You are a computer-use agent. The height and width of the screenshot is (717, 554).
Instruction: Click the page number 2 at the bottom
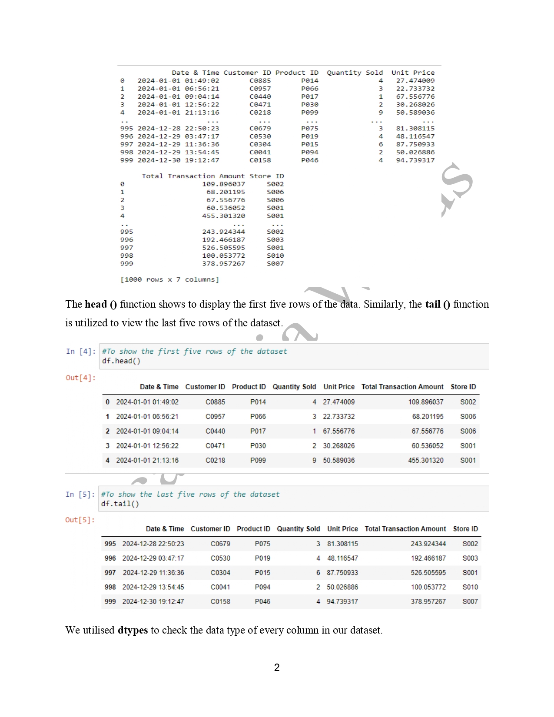(x=277, y=667)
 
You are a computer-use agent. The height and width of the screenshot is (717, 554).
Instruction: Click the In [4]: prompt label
(x=80, y=351)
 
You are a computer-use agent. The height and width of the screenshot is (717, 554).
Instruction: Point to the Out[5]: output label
(x=80, y=520)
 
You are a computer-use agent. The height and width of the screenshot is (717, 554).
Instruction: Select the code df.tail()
(x=120, y=504)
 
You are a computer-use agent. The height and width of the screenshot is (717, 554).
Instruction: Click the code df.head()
(x=121, y=361)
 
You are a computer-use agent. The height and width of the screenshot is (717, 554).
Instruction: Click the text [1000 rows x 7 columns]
(x=169, y=279)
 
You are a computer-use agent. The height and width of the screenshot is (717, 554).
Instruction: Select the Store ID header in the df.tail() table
(x=465, y=529)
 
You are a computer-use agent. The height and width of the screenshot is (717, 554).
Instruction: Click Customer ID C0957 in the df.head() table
(x=215, y=416)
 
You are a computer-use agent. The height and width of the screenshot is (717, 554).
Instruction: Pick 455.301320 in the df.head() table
(x=425, y=460)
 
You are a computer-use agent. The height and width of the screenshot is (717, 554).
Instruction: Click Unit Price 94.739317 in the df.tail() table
(x=342, y=601)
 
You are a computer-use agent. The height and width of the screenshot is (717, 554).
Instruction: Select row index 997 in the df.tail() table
(x=110, y=573)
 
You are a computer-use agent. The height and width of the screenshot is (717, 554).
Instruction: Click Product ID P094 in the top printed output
(x=310, y=152)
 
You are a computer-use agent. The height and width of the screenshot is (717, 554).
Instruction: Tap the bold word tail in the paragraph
(x=433, y=304)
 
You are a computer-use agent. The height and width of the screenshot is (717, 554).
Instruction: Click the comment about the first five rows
(x=195, y=351)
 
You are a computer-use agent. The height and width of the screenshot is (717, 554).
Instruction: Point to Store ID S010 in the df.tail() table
(x=470, y=587)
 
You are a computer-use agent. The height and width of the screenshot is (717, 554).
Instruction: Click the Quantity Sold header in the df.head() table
(x=294, y=387)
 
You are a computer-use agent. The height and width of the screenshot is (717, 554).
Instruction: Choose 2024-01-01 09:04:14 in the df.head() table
(x=147, y=431)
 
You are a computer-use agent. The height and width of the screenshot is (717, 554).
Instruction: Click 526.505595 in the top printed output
(x=223, y=248)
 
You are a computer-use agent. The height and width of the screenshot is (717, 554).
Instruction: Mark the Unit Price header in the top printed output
(x=413, y=73)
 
